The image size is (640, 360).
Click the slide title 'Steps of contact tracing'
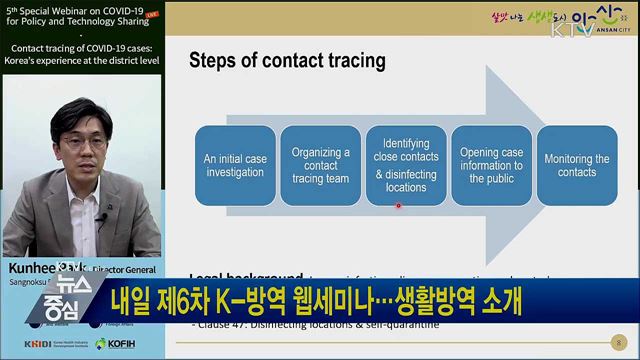pos(287,60)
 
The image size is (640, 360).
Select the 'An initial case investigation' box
pos(233,165)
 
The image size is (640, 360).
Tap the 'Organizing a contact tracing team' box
pos(319,165)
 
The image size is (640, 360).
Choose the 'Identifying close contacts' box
pos(404,165)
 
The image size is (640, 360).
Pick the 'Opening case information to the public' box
pos(490,165)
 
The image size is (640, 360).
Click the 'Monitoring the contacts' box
pos(576,165)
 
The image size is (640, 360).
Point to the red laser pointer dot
pos(398,206)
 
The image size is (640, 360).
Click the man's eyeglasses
pos(82,142)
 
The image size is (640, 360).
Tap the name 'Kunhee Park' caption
pos(40,270)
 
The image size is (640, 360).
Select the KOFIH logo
pos(119,343)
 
